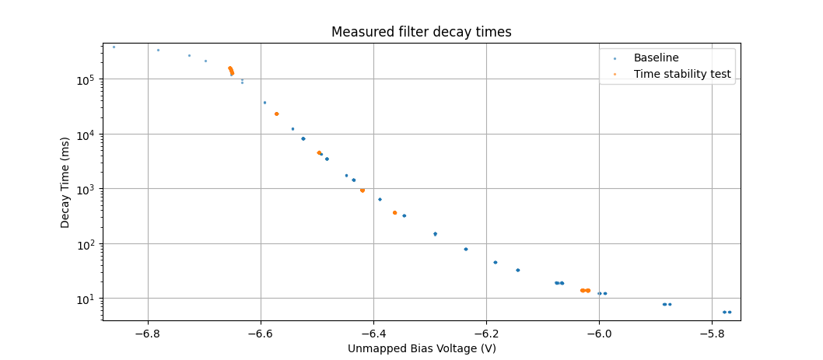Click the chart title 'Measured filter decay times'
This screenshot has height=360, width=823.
[421, 32]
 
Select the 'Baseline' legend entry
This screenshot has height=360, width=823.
[656, 58]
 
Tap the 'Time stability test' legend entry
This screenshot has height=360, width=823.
[682, 74]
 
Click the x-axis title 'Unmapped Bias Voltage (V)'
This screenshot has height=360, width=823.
[422, 348]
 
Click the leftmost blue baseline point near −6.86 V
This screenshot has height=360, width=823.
[114, 47]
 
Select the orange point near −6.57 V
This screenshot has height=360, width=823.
[276, 114]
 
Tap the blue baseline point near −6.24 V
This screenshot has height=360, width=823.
[466, 249]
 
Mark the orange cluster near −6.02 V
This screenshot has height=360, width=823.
[585, 290]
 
